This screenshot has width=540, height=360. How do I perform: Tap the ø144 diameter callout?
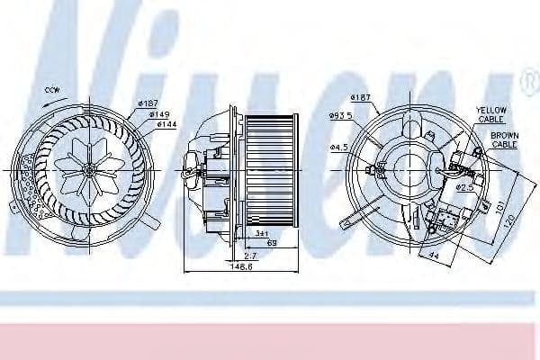point(166,124)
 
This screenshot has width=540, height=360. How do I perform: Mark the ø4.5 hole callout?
point(338,147)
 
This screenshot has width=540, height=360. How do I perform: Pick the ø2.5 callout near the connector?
point(464,187)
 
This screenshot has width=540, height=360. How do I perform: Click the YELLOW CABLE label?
point(491,113)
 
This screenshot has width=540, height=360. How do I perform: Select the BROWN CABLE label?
point(504,139)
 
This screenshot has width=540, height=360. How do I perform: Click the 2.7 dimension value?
point(248,256)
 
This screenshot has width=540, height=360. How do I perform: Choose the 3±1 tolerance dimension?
point(261,233)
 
